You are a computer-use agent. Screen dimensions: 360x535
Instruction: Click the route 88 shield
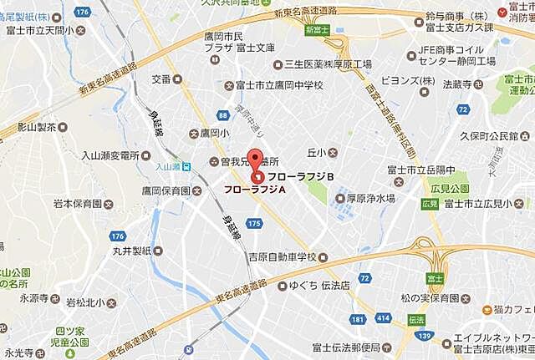coord(222,116)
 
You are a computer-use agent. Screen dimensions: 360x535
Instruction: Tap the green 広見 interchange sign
coord(427,203)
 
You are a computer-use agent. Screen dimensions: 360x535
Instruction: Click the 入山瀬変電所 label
coord(111,155)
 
